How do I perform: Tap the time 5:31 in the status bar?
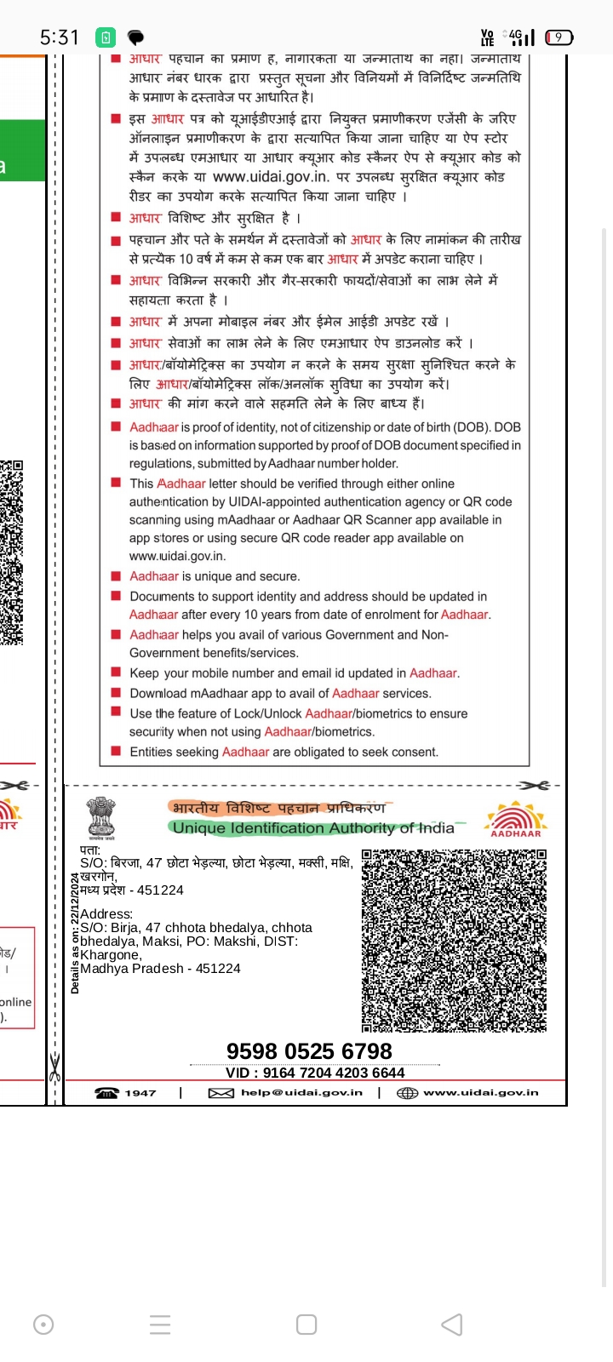(59, 37)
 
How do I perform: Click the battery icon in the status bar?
(559, 37)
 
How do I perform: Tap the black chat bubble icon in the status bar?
(135, 37)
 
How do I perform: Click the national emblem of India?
(102, 817)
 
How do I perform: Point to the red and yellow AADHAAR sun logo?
(515, 819)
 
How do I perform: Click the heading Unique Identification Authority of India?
(313, 828)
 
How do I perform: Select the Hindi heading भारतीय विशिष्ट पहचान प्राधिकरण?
(278, 808)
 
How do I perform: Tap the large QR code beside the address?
(454, 940)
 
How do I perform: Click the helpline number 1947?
(140, 1093)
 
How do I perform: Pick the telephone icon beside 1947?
(107, 1093)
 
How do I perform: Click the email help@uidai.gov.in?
(301, 1093)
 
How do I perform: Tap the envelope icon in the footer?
(221, 1093)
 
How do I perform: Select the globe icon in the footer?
(407, 1093)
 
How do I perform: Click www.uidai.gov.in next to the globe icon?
(481, 1093)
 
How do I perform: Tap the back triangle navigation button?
(452, 1325)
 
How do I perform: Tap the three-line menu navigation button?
(160, 1325)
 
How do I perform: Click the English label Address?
(106, 914)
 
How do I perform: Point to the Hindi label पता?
(90, 850)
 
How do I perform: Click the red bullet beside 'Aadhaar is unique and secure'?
(116, 576)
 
